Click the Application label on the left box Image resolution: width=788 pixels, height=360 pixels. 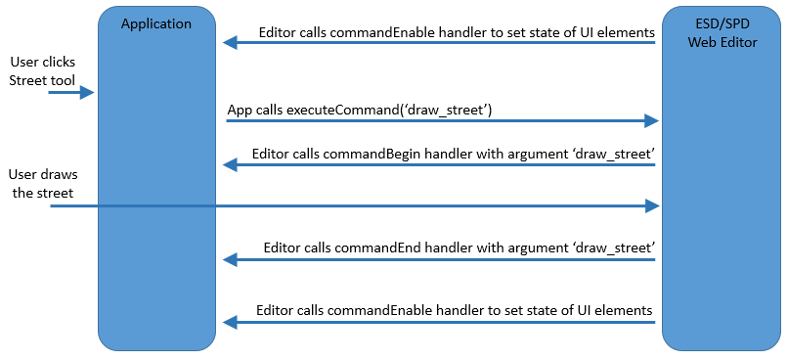(x=156, y=23)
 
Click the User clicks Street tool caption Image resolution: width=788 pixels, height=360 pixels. (x=41, y=70)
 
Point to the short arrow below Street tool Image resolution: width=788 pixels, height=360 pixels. (x=70, y=93)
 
